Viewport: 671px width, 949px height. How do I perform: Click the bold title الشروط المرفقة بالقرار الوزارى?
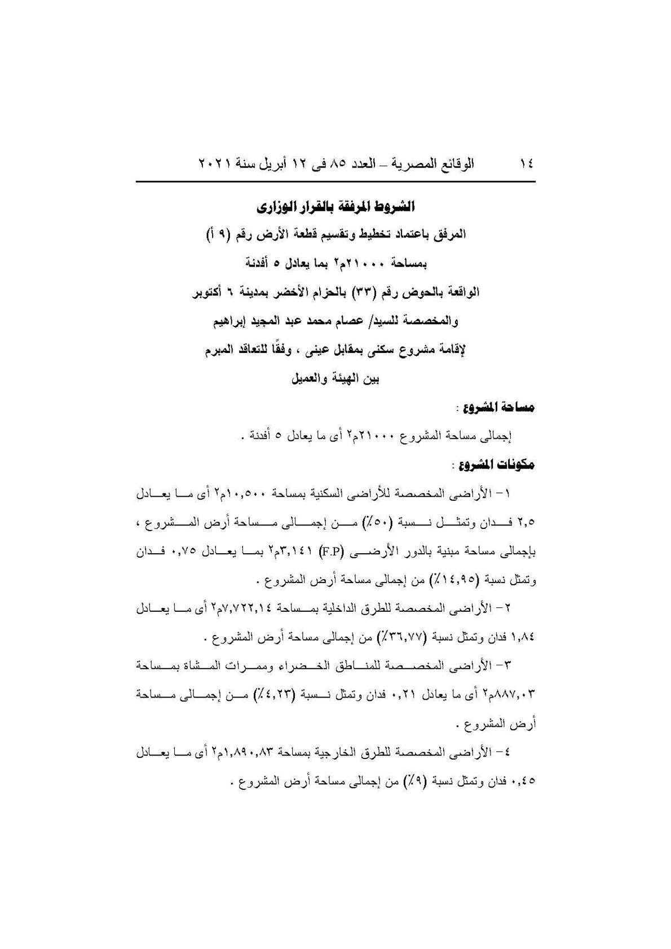click(x=335, y=208)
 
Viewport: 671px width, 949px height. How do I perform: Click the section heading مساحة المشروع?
click(x=498, y=407)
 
